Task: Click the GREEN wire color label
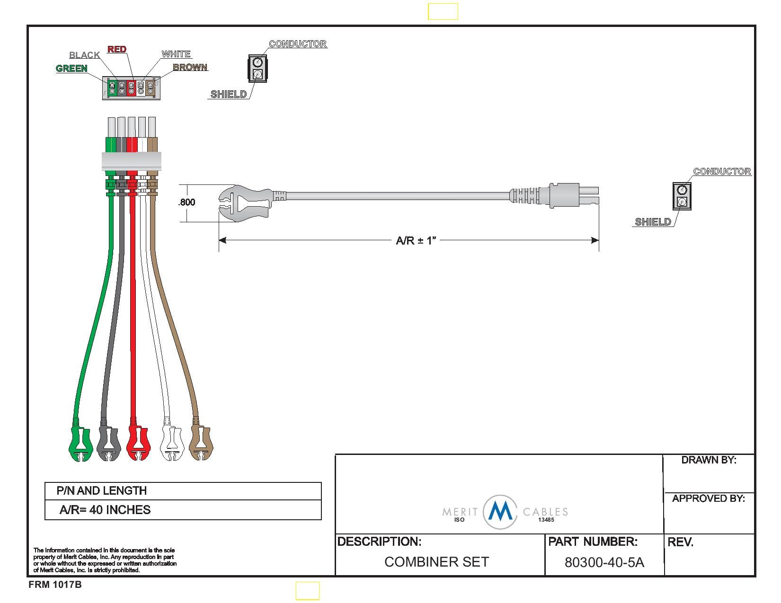71,69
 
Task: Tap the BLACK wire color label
84,55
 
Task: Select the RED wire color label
117,49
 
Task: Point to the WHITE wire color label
176,54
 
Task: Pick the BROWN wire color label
190,68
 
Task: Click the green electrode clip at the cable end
80,443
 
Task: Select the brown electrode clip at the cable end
201,442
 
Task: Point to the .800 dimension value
187,202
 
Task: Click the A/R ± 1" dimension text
416,241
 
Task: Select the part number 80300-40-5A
604,562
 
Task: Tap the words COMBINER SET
436,562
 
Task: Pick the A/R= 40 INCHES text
105,510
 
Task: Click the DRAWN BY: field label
709,460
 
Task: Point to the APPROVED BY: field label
708,498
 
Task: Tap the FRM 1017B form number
55,585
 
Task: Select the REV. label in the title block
680,542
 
